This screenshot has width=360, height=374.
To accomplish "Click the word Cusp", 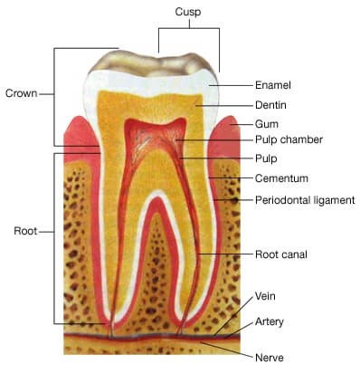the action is click(x=188, y=12).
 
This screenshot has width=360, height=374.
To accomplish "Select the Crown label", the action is click(x=22, y=93).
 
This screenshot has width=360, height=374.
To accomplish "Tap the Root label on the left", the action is click(x=25, y=231).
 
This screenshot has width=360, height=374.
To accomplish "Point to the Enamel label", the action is click(x=273, y=85).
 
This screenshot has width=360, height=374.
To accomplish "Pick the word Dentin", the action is click(x=270, y=105).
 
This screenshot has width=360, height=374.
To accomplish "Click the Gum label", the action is click(x=267, y=124).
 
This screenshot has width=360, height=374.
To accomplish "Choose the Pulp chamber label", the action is click(x=289, y=139).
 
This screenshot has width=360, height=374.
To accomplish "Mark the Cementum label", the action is click(x=281, y=178).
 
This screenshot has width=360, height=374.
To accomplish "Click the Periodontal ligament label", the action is click(x=305, y=200).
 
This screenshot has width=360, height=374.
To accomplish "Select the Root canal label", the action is click(x=281, y=254).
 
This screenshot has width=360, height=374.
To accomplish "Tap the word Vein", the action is click(x=265, y=296).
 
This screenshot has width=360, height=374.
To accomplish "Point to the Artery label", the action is click(x=270, y=321).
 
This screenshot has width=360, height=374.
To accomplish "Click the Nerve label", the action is click(x=270, y=358).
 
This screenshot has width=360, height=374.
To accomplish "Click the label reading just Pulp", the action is click(x=266, y=158).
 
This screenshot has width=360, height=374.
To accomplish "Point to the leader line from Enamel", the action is click(x=232, y=85).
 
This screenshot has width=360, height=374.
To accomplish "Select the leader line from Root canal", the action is click(x=225, y=254).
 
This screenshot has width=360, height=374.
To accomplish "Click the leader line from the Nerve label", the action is click(x=227, y=350).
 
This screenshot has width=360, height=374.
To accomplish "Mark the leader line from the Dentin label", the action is click(x=224, y=105).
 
